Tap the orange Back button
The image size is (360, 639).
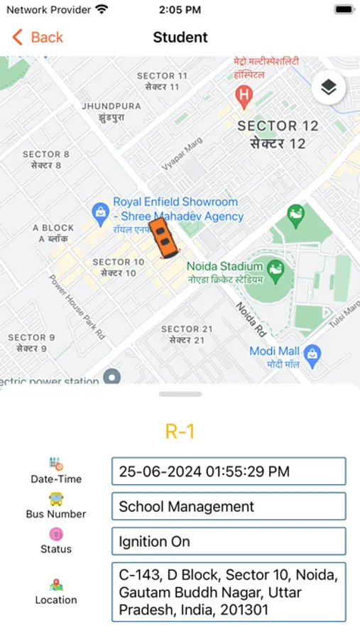click(x=38, y=37)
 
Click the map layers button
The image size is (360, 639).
click(x=328, y=87)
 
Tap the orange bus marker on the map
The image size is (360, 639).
click(x=163, y=237)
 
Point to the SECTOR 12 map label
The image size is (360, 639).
click(x=277, y=134)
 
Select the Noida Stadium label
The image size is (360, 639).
click(x=224, y=271)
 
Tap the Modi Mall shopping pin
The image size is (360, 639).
click(x=312, y=353)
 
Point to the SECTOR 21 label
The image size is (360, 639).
click(x=186, y=334)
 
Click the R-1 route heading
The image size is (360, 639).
click(x=180, y=431)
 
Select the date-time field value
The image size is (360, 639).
click(x=228, y=471)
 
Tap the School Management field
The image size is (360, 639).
click(x=228, y=506)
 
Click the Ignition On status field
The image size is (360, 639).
click(x=228, y=541)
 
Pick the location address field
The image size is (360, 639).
click(x=228, y=592)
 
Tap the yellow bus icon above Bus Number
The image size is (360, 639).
click(x=55, y=499)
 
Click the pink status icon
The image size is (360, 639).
click(x=55, y=534)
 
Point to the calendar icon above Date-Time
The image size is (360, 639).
click(x=56, y=464)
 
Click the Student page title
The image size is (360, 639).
click(x=180, y=37)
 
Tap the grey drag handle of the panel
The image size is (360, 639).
click(x=180, y=394)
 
